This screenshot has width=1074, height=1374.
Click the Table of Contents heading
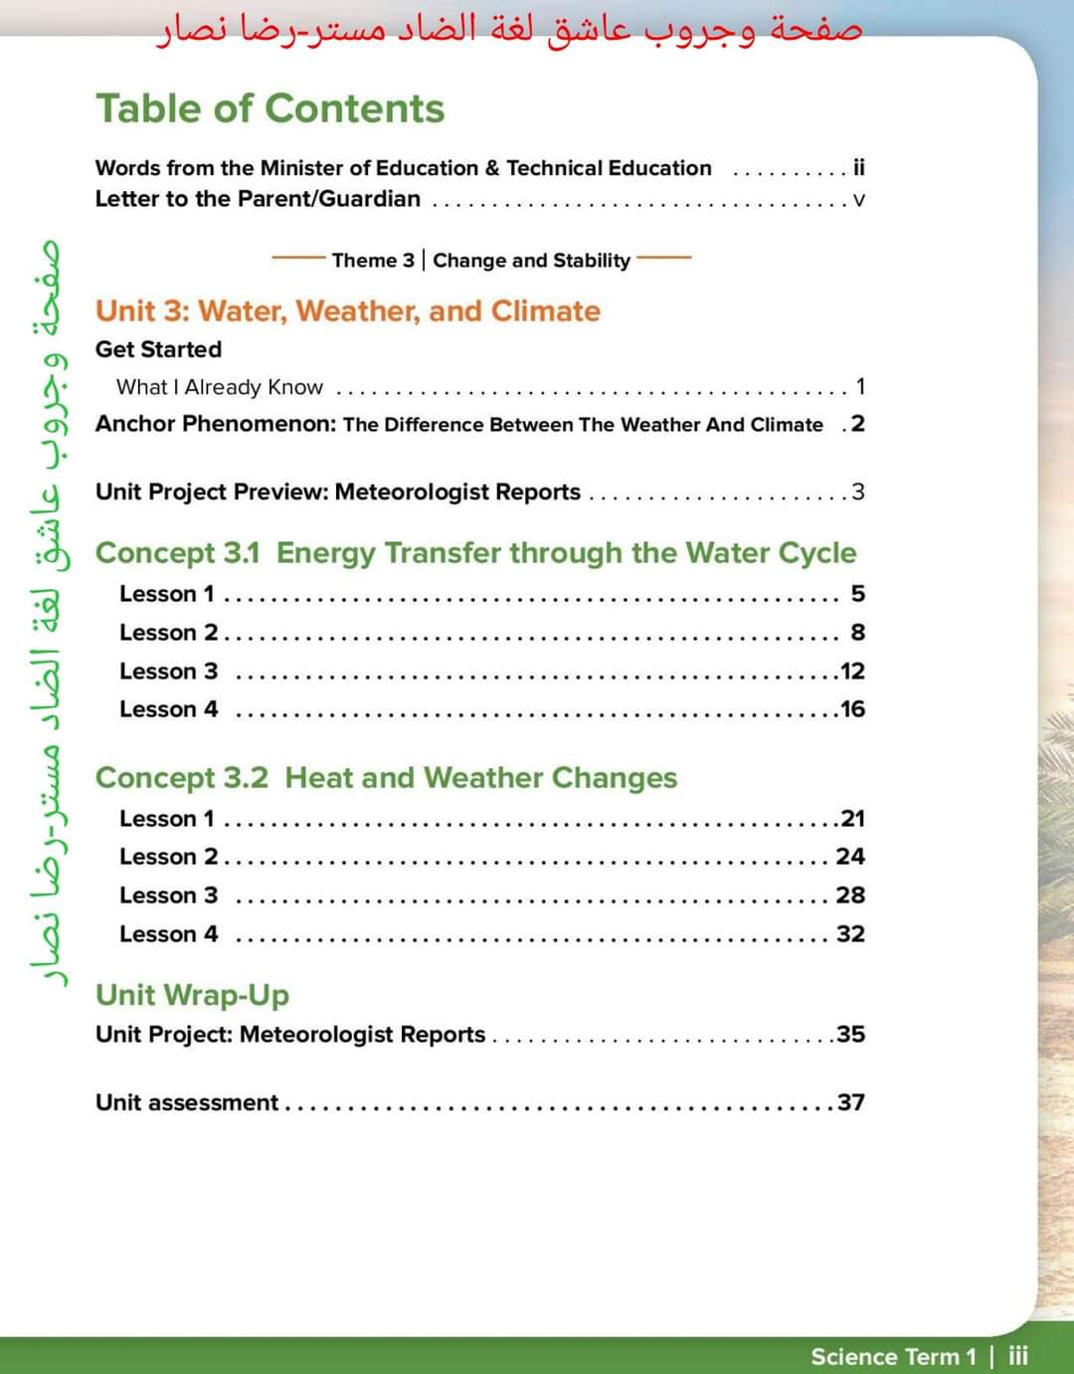269,108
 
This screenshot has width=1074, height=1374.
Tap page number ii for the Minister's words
859,167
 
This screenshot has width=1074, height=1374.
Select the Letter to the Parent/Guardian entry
258,199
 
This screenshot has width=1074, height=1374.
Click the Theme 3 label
373,261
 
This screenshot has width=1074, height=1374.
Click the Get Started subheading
158,349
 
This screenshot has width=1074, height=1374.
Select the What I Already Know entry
219,387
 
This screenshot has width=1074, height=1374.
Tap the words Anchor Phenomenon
215,424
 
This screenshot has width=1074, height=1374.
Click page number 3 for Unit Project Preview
857,491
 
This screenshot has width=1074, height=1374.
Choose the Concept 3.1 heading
475,553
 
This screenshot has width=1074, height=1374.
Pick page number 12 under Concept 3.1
852,672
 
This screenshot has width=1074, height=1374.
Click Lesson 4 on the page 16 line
168,709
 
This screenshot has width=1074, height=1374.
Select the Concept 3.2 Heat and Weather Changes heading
386,778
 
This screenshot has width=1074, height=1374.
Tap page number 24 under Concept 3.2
850,857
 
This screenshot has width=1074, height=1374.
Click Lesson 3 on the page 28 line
168,895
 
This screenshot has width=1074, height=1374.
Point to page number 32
850,934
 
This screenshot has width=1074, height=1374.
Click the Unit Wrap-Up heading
192,995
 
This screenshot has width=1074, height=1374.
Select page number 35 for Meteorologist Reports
850,1035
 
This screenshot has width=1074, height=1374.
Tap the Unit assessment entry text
187,1102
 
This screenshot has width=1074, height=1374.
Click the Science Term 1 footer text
893,1356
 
